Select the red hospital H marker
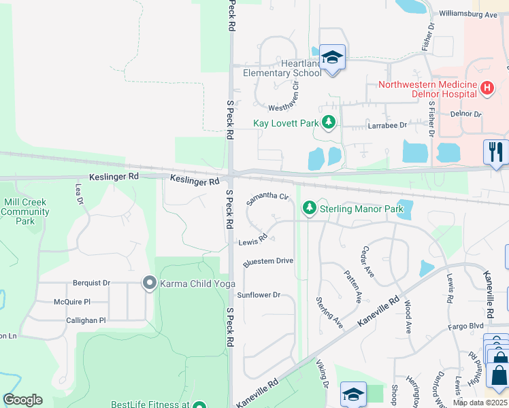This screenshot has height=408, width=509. coord(487,88)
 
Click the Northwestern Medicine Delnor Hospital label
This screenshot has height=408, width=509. coord(427,90)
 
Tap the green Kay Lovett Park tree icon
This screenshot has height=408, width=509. coord(329,123)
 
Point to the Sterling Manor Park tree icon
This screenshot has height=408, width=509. coord(310,207)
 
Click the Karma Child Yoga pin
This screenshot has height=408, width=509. coord(149,283)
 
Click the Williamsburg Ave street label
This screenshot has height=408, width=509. coord(469,14)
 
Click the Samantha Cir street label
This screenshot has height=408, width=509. coord(268,199)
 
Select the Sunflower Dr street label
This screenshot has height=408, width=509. coord(259,295)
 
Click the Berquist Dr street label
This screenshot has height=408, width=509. coord(91,283)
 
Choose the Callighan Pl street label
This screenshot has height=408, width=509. coord(86,320)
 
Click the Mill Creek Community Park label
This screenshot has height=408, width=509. coord(25,211)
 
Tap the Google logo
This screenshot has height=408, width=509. coord(22,399)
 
